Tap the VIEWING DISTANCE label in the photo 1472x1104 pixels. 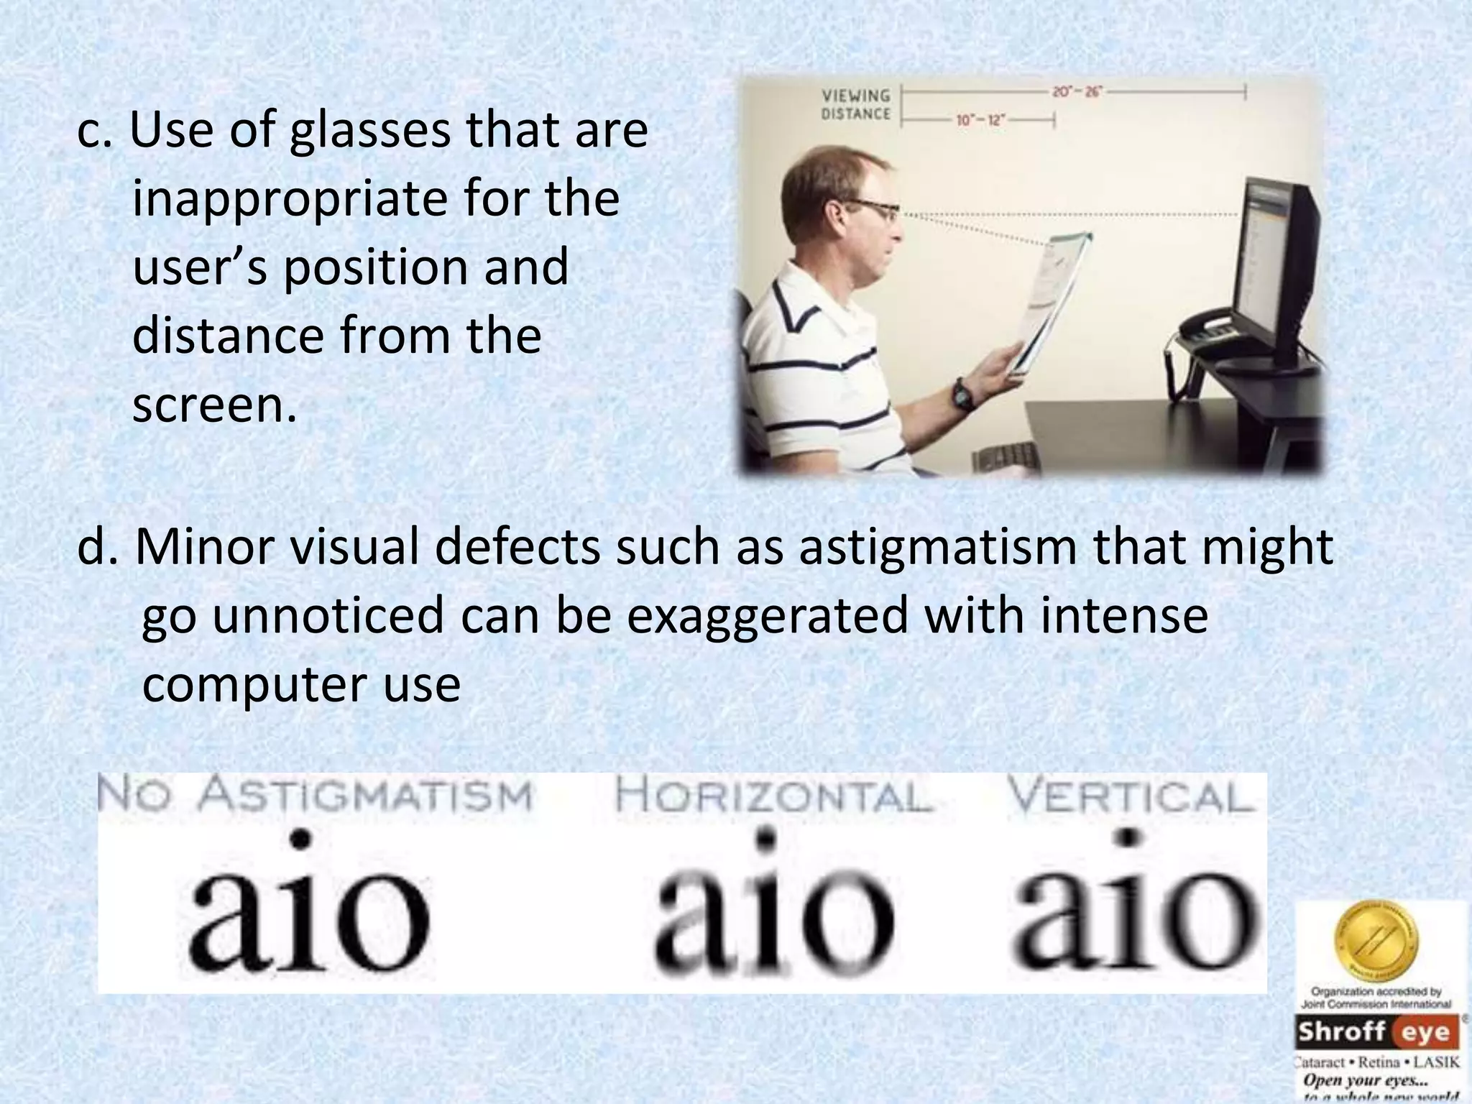(855, 105)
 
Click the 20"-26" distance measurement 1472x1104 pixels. (1077, 92)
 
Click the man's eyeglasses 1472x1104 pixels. (873, 211)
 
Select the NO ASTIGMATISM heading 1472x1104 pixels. (314, 796)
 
